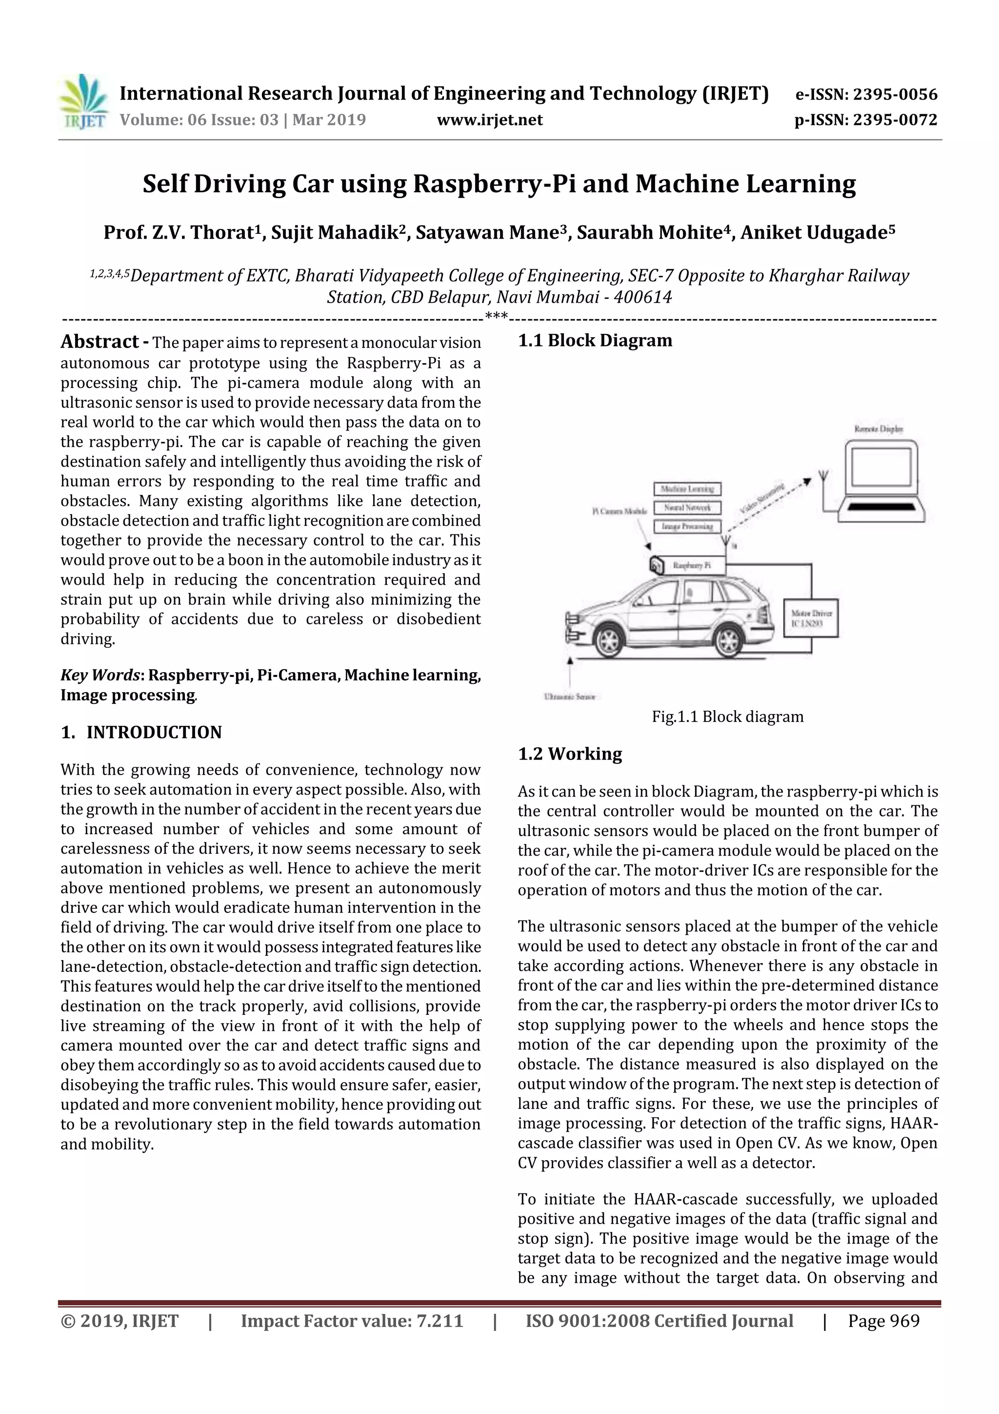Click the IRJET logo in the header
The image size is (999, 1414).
[x=83, y=102]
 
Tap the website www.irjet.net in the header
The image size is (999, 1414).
[x=489, y=120]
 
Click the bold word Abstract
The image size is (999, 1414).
[x=100, y=342]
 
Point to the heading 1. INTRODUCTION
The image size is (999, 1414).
[x=141, y=732]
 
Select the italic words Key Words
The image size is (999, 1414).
[x=100, y=676]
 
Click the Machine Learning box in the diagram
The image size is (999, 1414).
[x=687, y=489]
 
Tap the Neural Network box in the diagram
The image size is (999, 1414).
[x=687, y=508]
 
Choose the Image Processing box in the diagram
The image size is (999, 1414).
[x=687, y=527]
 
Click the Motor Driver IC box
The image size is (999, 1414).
[x=811, y=618]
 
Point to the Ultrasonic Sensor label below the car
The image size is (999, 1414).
[x=569, y=697]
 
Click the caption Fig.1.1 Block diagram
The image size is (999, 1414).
[x=728, y=717]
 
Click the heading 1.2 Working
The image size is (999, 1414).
[x=569, y=754]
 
